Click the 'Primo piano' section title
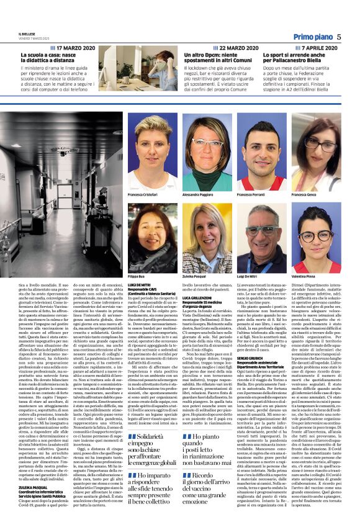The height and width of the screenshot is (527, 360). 313,37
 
